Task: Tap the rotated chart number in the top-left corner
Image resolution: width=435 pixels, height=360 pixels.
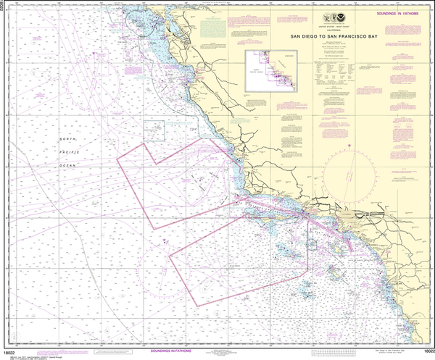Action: pyautogui.click(x=4, y=9)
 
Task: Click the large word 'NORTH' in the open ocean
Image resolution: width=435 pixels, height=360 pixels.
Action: pyautogui.click(x=68, y=138)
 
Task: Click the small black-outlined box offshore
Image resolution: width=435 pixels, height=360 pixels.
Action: pyautogui.click(x=154, y=130)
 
